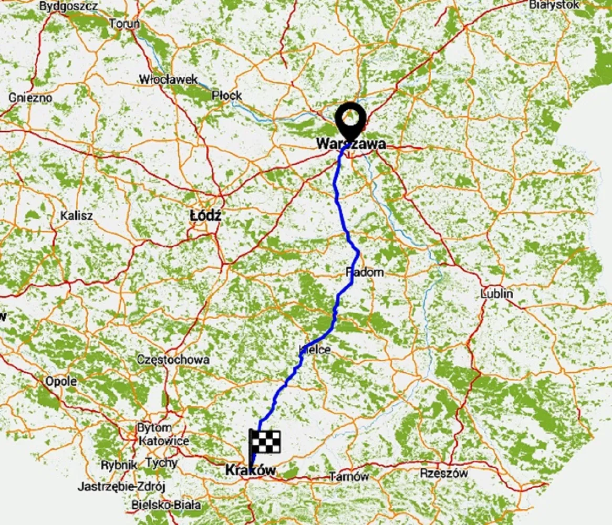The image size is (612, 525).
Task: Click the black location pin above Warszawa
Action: tap(351, 118)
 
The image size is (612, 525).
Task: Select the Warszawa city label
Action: tap(351, 143)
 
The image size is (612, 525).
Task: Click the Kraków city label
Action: tap(250, 470)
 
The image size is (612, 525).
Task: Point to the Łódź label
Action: tap(205, 215)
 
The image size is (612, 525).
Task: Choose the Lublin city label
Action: tap(496, 293)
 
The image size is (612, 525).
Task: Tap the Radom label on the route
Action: tap(365, 272)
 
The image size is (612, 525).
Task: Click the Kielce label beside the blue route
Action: tap(315, 349)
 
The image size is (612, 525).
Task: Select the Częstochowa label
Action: tap(173, 360)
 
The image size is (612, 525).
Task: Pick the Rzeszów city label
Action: tap(444, 473)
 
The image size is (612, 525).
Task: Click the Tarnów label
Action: tap(349, 477)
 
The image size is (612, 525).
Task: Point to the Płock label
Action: tap(227, 96)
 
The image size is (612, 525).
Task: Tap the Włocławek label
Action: tap(168, 79)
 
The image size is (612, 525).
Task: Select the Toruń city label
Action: tap(125, 24)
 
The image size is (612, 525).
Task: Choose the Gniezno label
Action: tap(30, 97)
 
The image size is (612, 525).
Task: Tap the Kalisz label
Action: tap(76, 215)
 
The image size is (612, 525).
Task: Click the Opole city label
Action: tap(61, 381)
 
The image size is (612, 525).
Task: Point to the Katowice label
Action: tap(164, 441)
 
